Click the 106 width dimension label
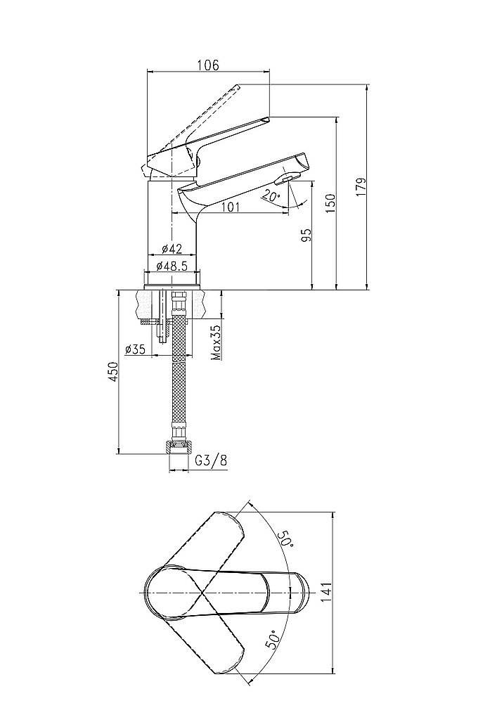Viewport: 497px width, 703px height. [x=208, y=65]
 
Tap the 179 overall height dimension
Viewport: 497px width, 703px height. [x=361, y=187]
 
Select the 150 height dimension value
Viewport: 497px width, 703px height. [x=330, y=204]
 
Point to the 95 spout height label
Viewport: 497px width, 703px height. [x=306, y=236]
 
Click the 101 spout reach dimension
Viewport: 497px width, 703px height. [x=231, y=207]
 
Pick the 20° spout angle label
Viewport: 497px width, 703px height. [x=271, y=195]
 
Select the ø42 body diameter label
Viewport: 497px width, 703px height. [x=172, y=249]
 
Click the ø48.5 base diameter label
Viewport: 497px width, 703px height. [x=172, y=266]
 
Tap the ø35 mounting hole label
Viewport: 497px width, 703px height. [x=136, y=349]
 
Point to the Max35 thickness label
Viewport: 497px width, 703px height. [x=216, y=343]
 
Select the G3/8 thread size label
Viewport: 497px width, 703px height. [x=211, y=460]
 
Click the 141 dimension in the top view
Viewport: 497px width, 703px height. [x=325, y=592]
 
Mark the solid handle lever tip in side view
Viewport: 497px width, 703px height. [x=268, y=119]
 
